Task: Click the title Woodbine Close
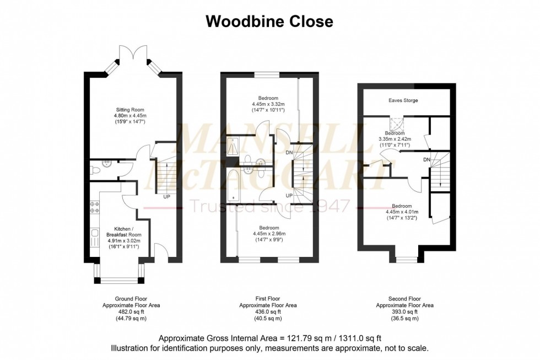click(269, 22)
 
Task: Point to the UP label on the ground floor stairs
click(166, 196)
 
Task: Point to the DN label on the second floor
click(426, 160)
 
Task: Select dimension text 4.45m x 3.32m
click(268, 104)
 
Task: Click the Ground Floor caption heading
click(131, 298)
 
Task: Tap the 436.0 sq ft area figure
click(268, 312)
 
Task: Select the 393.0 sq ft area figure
click(404, 312)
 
